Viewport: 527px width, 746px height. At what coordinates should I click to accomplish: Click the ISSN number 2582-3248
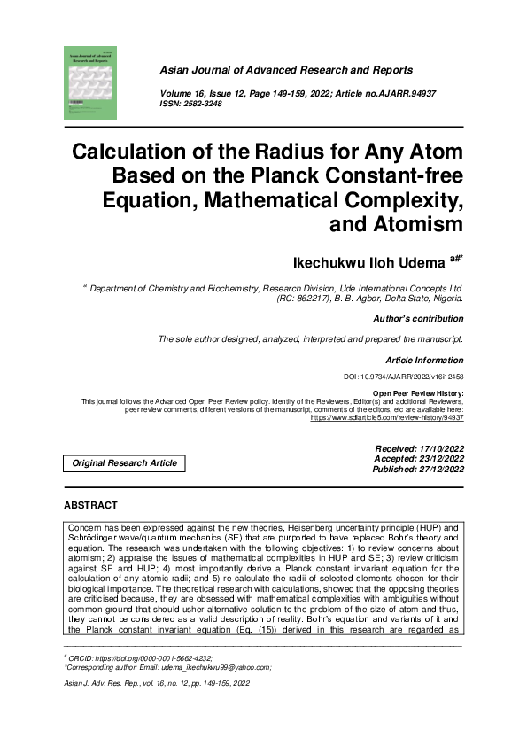[x=201, y=104]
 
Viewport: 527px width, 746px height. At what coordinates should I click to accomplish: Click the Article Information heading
[x=424, y=361]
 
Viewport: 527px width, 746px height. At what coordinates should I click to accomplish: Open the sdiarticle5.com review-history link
[x=387, y=416]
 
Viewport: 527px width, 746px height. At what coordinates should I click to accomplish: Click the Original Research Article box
[x=124, y=463]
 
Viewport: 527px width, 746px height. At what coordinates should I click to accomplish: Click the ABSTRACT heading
[x=90, y=505]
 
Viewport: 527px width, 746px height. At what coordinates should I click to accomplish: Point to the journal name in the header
[x=285, y=70]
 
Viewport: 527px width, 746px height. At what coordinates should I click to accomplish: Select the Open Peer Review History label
[x=418, y=394]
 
